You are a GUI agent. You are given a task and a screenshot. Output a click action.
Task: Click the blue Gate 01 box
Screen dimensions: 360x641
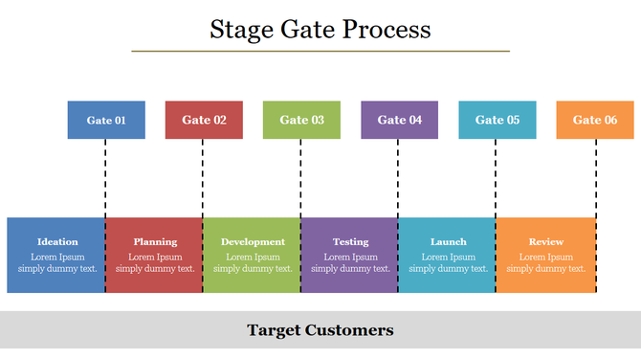click(106, 120)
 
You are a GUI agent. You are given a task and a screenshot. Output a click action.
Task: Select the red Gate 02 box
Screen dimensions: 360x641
click(204, 120)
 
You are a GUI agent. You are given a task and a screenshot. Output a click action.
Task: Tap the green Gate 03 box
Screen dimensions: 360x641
click(301, 120)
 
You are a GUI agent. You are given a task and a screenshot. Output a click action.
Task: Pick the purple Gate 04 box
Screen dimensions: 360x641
click(399, 120)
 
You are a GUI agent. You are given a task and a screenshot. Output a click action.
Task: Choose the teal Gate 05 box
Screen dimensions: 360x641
click(497, 120)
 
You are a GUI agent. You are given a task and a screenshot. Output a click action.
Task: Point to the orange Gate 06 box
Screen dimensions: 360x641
click(594, 120)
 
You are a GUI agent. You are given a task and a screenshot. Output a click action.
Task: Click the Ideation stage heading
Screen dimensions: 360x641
click(57, 242)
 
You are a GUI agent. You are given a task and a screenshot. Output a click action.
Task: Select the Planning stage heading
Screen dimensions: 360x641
click(155, 242)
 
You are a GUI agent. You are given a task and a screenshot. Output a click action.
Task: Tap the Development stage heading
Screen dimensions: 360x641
click(253, 242)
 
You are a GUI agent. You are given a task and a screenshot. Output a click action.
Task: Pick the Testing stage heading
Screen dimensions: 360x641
click(350, 242)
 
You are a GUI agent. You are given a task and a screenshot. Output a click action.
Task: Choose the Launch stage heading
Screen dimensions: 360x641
click(448, 242)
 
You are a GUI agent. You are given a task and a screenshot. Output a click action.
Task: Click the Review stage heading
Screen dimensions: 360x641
click(545, 242)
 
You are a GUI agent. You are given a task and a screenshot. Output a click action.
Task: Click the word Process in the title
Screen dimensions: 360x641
click(385, 30)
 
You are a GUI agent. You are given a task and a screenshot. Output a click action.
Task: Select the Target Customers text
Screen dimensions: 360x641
click(320, 330)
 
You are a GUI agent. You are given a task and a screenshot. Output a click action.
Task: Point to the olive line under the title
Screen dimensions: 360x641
click(320, 51)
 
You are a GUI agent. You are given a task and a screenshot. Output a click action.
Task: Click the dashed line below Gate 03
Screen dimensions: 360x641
click(300, 178)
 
